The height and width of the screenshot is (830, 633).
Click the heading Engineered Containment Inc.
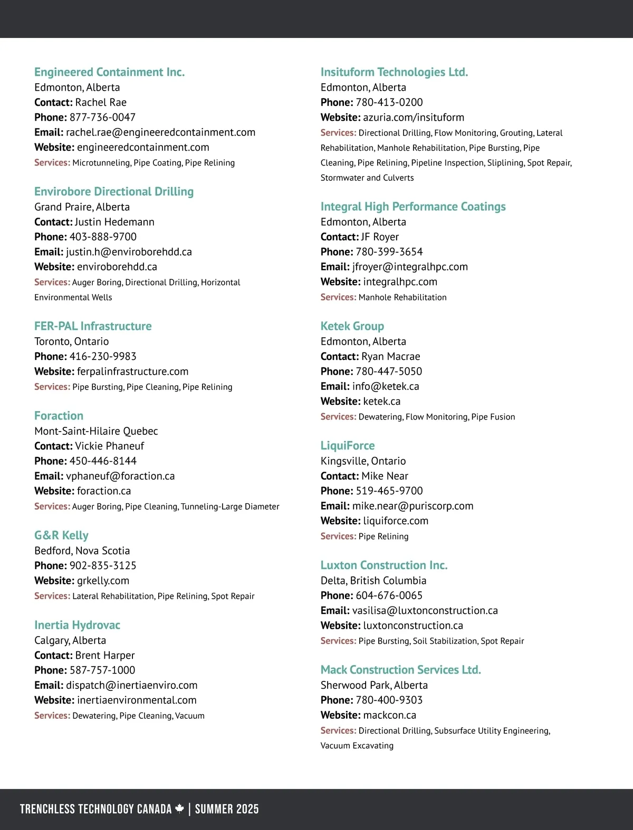pyautogui.click(x=109, y=72)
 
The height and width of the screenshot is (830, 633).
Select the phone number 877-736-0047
pyautogui.click(x=102, y=117)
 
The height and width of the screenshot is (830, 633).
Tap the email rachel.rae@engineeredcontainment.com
pyautogui.click(x=160, y=132)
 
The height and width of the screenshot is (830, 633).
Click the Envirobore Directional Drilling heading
pyautogui.click(x=114, y=191)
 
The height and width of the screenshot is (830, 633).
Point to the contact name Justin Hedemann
pyautogui.click(x=114, y=222)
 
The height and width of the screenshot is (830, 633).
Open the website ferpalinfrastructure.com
pyautogui.click(x=132, y=372)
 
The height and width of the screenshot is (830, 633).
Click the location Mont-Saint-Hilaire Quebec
pyautogui.click(x=96, y=431)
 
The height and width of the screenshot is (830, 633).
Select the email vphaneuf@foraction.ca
pyautogui.click(x=120, y=476)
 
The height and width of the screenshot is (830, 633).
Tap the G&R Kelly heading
pyautogui.click(x=61, y=535)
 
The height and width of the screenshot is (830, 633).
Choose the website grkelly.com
pyautogui.click(x=103, y=581)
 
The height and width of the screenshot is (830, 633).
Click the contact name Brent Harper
pyautogui.click(x=105, y=655)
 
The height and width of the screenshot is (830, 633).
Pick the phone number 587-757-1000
pyautogui.click(x=102, y=670)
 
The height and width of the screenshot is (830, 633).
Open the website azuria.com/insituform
pyautogui.click(x=414, y=117)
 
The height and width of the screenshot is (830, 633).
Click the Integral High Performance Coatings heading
pyautogui.click(x=413, y=207)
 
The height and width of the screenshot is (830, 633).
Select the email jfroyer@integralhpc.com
pyautogui.click(x=410, y=267)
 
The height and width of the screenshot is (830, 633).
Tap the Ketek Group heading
pyautogui.click(x=352, y=326)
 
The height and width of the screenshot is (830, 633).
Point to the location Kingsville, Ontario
pyautogui.click(x=363, y=461)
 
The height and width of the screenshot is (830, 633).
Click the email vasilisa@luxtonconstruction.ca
pyautogui.click(x=425, y=610)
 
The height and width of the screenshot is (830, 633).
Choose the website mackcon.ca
pyautogui.click(x=390, y=715)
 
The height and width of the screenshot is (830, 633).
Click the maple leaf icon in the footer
pyautogui.click(x=180, y=808)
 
